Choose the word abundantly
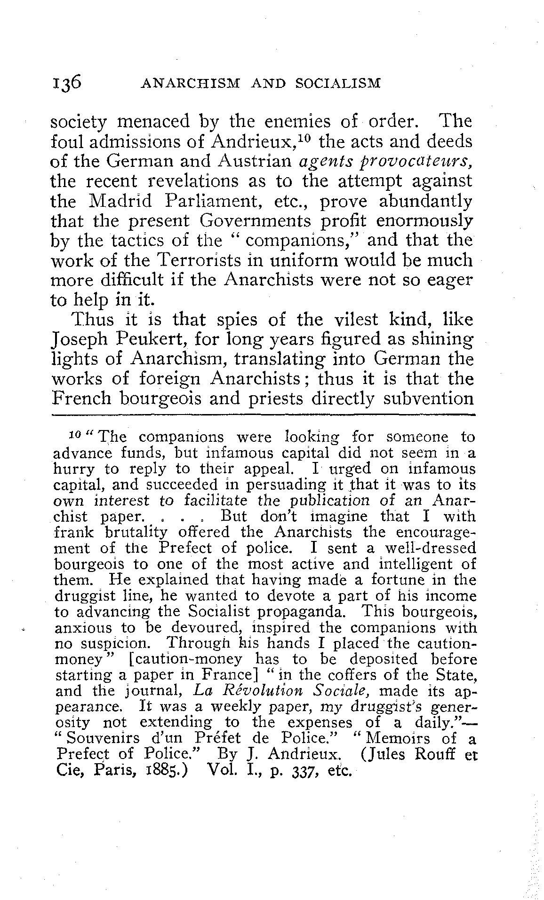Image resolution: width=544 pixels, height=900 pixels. [x=420, y=201]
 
